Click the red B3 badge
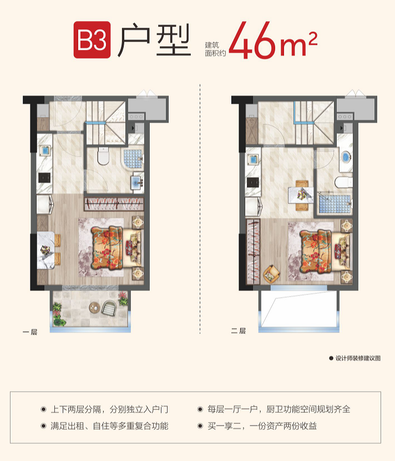click(92, 39)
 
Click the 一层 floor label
click(30, 332)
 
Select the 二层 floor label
click(238, 331)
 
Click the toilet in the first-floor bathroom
click(103, 156)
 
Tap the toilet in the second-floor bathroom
click(343, 182)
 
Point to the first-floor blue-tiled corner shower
click(132, 159)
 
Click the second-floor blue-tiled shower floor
click(335, 204)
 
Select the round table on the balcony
click(94, 308)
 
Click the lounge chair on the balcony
click(109, 308)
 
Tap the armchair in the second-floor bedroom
click(271, 274)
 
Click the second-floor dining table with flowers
click(301, 195)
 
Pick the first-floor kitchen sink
click(45, 151)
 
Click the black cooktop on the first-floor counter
click(44, 178)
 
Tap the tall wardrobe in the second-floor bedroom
click(253, 252)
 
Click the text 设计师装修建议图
click(358, 358)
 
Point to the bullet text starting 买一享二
click(262, 425)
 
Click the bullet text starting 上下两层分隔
click(109, 409)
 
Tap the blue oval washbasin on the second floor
click(346, 157)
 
